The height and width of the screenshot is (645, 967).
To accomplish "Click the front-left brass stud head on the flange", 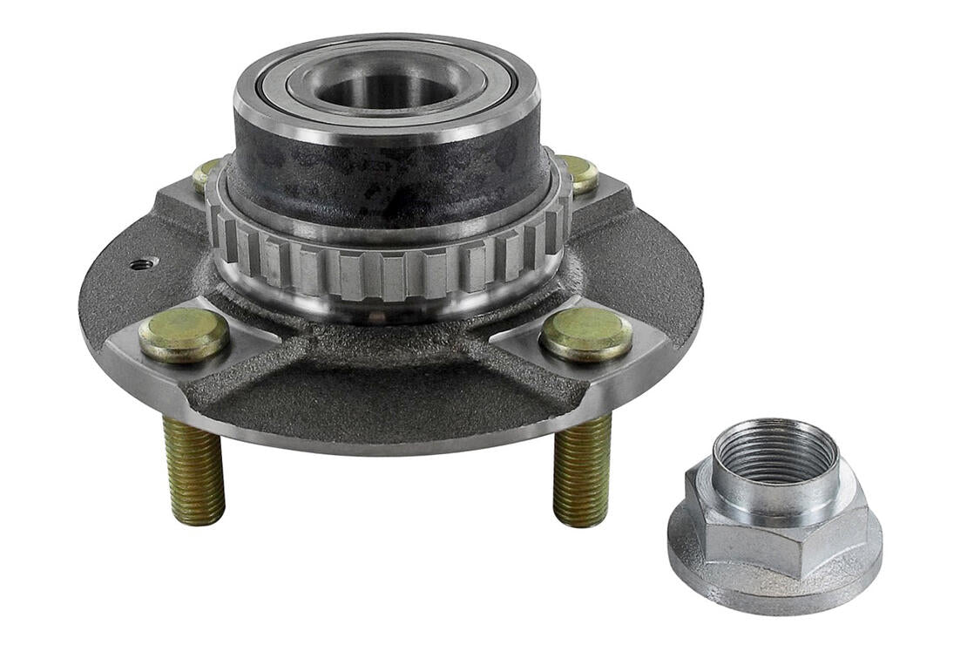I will click(184, 334).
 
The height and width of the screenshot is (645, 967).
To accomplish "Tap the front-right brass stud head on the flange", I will click(586, 333).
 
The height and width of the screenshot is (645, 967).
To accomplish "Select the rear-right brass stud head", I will click(578, 173).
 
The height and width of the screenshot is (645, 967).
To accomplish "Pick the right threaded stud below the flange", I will click(582, 472).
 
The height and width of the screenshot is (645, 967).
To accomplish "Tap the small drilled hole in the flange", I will click(142, 263).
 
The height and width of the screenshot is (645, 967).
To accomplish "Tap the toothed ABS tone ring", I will click(383, 266).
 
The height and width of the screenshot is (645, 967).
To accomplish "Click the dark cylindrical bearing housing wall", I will click(383, 179).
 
